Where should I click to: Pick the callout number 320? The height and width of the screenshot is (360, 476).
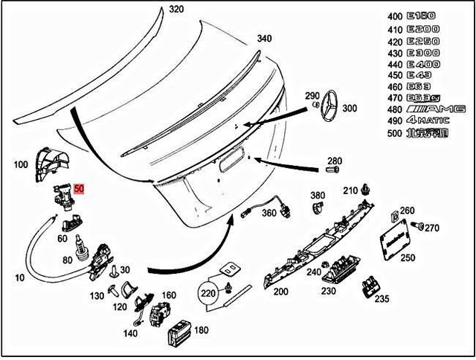[176, 10]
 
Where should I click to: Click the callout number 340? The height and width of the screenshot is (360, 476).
[264, 39]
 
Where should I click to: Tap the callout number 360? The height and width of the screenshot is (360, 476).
[268, 213]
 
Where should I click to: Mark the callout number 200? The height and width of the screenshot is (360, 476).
[280, 292]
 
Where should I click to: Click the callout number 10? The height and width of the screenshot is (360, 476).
[18, 277]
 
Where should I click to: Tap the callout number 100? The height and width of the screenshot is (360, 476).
[20, 163]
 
